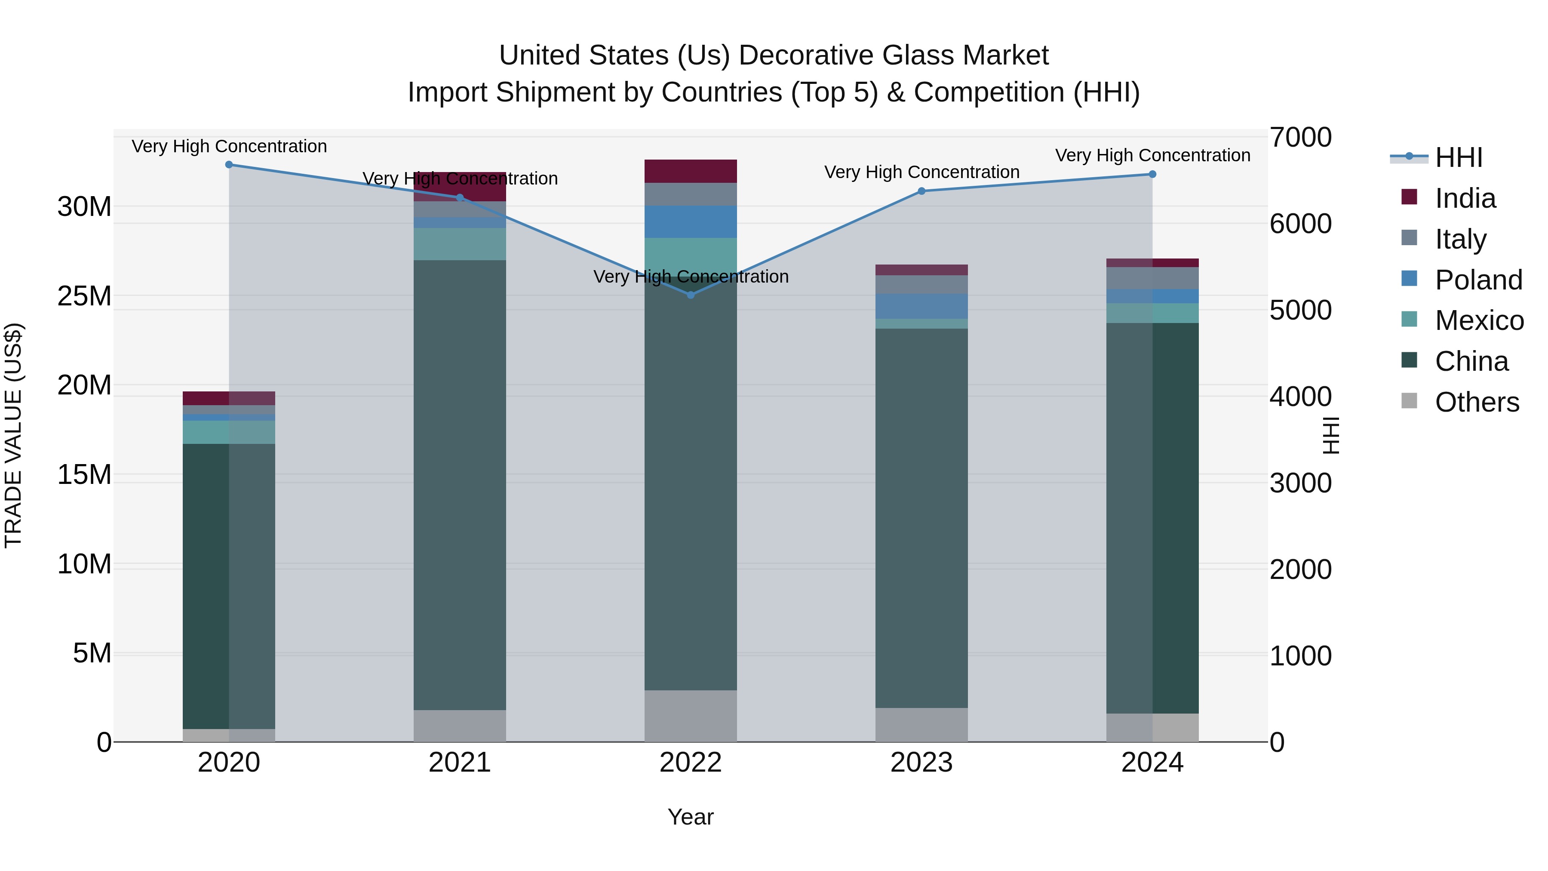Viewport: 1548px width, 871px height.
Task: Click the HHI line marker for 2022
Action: [x=691, y=295]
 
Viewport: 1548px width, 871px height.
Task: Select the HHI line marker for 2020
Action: [x=229, y=165]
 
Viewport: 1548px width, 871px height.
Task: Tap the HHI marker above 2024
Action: [x=1152, y=174]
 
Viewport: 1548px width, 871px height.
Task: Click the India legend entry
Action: [x=1465, y=198]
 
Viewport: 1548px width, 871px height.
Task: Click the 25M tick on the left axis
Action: [x=84, y=296]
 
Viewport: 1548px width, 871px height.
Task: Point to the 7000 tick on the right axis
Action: [x=1300, y=137]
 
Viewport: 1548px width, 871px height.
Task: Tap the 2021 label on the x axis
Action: [x=460, y=763]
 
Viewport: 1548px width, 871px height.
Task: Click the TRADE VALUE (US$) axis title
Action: [x=13, y=435]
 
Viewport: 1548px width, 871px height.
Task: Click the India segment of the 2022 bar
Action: [x=691, y=171]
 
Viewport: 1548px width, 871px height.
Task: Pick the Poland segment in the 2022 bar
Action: [x=691, y=222]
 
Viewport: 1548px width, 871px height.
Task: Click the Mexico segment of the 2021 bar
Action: [x=460, y=244]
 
